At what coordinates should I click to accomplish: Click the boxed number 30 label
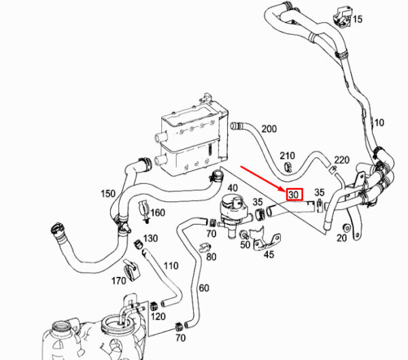294,195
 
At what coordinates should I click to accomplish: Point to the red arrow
263,179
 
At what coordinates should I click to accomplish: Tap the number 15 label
358,19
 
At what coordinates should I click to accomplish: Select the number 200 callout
269,129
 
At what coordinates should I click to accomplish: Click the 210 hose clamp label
287,156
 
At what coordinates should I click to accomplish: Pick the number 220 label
341,160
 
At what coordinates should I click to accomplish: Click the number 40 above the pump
233,188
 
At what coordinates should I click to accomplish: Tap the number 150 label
108,193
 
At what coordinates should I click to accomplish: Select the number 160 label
158,212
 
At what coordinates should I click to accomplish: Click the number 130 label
150,238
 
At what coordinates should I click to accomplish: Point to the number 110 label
171,265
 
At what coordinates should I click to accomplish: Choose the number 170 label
118,281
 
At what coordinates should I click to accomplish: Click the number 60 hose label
204,288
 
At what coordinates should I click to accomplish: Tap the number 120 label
158,316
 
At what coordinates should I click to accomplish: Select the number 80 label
211,257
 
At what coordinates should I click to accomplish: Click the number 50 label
245,244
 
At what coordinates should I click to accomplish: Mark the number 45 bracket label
269,255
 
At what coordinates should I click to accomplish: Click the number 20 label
341,238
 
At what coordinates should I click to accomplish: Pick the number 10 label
379,122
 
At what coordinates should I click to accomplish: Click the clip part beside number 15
341,16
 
